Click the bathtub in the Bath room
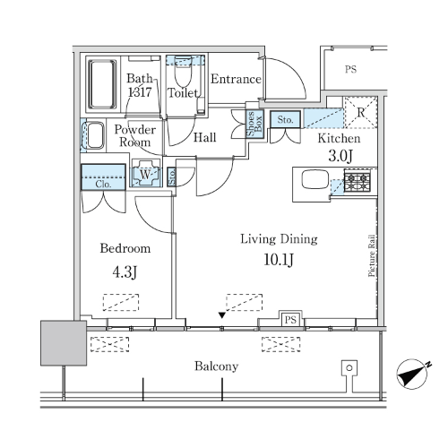[x=102, y=84]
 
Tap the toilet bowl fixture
[x=183, y=73]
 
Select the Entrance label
[x=236, y=79]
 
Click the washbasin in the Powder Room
[x=95, y=135]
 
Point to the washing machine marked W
[x=145, y=173]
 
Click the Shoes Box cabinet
[x=255, y=124]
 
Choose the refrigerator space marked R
[x=361, y=113]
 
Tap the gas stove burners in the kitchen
[x=357, y=182]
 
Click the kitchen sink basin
[x=314, y=179]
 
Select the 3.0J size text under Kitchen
[x=340, y=156]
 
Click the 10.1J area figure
[x=279, y=259]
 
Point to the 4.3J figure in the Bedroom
[x=125, y=272]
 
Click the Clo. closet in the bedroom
[x=103, y=177]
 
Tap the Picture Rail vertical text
[x=371, y=255]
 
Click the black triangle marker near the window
[x=221, y=315]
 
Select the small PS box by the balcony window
[x=290, y=320]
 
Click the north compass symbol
[x=413, y=375]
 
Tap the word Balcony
[x=216, y=366]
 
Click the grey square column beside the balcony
[x=64, y=343]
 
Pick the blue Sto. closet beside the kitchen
[x=285, y=119]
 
